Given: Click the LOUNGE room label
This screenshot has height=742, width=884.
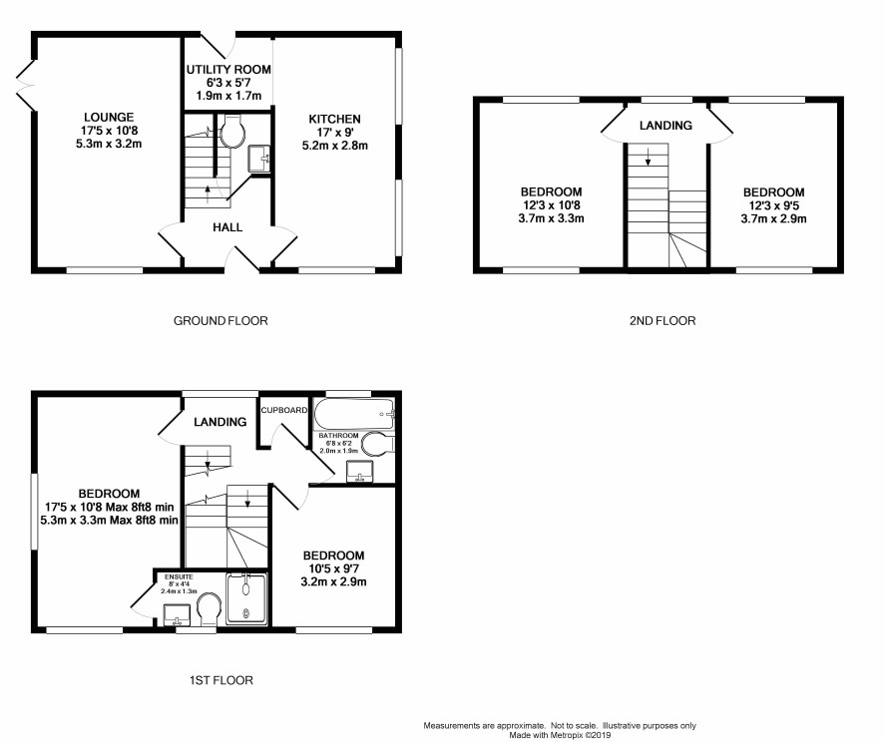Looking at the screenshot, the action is pyautogui.click(x=109, y=118).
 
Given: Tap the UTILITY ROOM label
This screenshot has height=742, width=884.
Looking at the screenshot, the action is pyautogui.click(x=228, y=69).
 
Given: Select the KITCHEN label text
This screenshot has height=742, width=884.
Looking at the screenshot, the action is pyautogui.click(x=334, y=119).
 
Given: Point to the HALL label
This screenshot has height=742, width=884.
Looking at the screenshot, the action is pyautogui.click(x=227, y=227).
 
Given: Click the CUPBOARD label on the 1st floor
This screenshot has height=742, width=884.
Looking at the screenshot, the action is pyautogui.click(x=284, y=410).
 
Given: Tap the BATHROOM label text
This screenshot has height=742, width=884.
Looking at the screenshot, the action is pyautogui.click(x=338, y=436).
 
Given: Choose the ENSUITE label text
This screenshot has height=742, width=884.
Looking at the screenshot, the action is pyautogui.click(x=179, y=576).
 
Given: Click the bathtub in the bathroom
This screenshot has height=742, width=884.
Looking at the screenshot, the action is pyautogui.click(x=354, y=414).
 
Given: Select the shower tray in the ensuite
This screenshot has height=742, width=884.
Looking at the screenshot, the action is pyautogui.click(x=246, y=598).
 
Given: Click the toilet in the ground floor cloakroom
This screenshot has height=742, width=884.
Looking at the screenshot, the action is pyautogui.click(x=231, y=132).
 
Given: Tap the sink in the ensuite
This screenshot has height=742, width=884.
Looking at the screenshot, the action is pyautogui.click(x=177, y=615).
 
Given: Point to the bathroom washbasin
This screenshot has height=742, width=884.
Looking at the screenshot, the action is pyautogui.click(x=359, y=472).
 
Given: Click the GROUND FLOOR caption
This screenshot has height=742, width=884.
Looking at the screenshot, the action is pyautogui.click(x=221, y=320).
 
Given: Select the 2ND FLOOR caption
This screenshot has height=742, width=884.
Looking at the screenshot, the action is pyautogui.click(x=663, y=320).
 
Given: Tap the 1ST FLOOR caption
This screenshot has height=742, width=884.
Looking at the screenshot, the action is pyautogui.click(x=221, y=680).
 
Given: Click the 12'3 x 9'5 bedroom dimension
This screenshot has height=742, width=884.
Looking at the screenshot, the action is pyautogui.click(x=773, y=205).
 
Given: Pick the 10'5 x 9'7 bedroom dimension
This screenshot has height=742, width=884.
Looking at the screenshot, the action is pyautogui.click(x=334, y=568).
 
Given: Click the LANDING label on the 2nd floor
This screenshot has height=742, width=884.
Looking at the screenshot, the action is pyautogui.click(x=665, y=125).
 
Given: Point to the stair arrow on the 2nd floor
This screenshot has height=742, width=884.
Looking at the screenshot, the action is pyautogui.click(x=648, y=156).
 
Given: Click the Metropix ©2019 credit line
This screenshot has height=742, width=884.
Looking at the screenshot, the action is pyautogui.click(x=560, y=735).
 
